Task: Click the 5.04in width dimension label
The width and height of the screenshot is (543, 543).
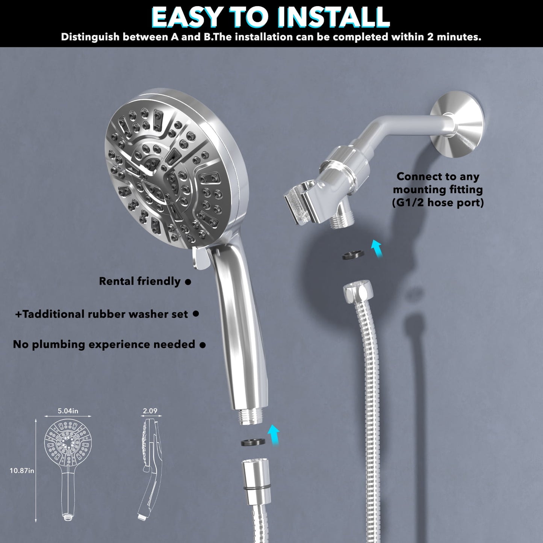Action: click(68, 411)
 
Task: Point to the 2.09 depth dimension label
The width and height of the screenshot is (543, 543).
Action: click(150, 411)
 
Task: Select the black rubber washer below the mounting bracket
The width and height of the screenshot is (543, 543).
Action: click(354, 255)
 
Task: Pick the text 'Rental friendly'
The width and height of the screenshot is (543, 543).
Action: click(140, 281)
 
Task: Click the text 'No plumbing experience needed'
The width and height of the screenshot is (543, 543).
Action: click(104, 344)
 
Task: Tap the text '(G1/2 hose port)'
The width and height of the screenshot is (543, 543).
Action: click(438, 203)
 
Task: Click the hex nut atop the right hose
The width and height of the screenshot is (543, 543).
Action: click(357, 292)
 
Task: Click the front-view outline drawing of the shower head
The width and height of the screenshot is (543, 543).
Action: click(68, 470)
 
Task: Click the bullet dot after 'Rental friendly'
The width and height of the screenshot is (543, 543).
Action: click(188, 281)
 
